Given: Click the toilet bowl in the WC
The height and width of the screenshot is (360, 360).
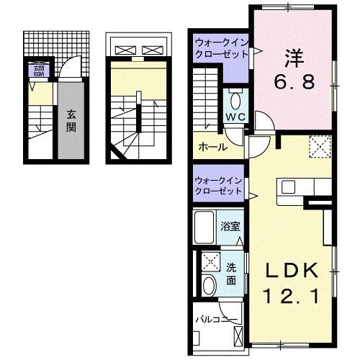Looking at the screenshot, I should point(236,99).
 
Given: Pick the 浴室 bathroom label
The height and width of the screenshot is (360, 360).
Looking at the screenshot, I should point(230,226).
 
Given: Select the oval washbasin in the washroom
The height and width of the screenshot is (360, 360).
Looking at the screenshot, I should point(209,286).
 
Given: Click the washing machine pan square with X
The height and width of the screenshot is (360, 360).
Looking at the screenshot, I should point(211,261).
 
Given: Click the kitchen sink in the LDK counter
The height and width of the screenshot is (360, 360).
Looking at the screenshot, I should point(289,187).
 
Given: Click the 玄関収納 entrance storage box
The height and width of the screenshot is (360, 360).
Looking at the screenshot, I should point(36,70).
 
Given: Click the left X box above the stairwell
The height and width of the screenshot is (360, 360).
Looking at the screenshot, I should point(124,50).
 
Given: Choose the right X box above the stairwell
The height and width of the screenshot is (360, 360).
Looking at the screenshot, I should point(151,50).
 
